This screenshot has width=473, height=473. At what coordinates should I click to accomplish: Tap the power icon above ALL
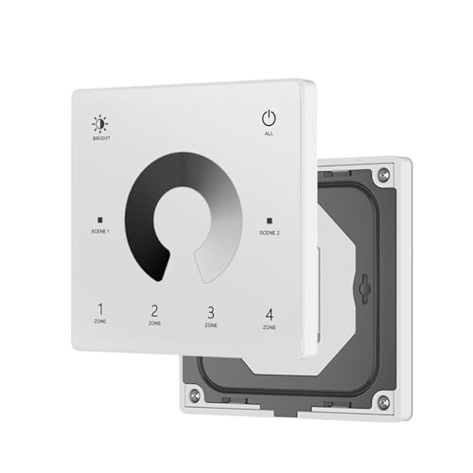click(269, 119)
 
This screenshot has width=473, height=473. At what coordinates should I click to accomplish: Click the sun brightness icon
click(100, 123)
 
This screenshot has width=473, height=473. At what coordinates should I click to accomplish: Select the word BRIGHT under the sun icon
click(100, 139)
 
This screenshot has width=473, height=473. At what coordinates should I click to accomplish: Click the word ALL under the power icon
click(269, 134)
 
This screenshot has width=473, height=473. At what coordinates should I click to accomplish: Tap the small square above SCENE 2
click(269, 219)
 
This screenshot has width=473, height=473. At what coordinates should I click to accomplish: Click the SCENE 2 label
click(269, 232)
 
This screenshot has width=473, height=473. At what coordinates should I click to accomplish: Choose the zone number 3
click(211, 311)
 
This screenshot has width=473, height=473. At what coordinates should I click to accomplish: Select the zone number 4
click(269, 313)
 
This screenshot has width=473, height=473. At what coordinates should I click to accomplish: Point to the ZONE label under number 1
click(100, 323)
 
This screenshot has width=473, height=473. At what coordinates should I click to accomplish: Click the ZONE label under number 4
click(269, 327)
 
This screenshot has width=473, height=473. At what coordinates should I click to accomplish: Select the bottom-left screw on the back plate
click(195, 394)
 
